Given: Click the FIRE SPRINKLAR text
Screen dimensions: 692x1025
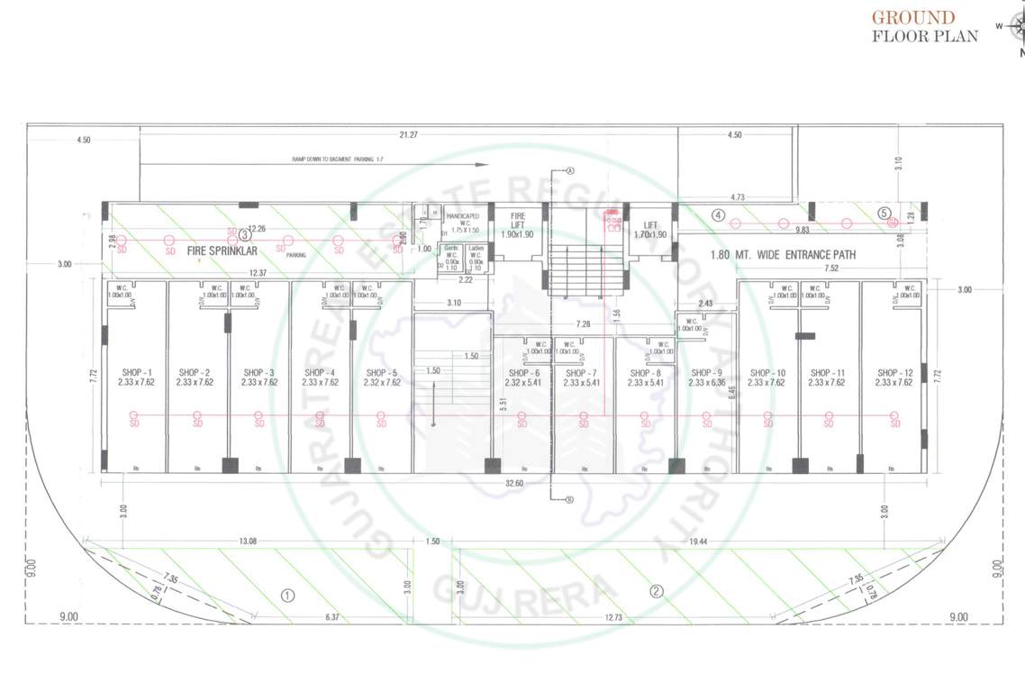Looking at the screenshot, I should [x=222, y=254].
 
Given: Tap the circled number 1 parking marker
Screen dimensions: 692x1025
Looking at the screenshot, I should [x=288, y=595].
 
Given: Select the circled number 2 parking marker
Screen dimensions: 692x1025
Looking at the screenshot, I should [x=657, y=592].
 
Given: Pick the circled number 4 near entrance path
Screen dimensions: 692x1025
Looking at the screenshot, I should [x=718, y=215].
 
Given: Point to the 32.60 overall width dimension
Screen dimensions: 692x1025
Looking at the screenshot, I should [x=515, y=483].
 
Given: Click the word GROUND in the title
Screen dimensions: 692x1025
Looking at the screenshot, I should [x=912, y=17].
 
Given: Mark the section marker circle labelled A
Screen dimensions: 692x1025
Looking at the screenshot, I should [x=569, y=170].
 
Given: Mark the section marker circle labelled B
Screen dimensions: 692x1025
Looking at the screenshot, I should [x=569, y=501].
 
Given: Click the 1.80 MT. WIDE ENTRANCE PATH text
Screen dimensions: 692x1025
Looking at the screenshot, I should [x=783, y=255].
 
